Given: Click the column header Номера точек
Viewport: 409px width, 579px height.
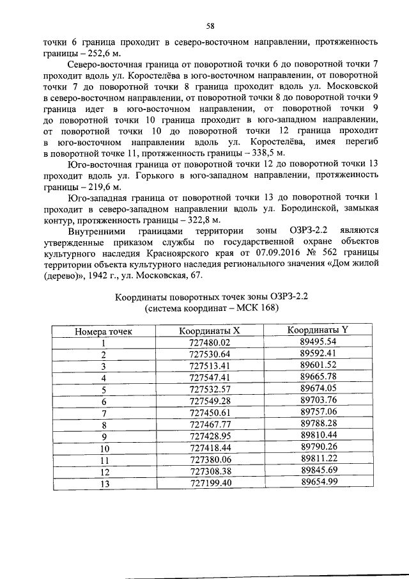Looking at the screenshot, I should coord(104,331).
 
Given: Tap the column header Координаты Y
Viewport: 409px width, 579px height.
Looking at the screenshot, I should coord(318,330).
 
